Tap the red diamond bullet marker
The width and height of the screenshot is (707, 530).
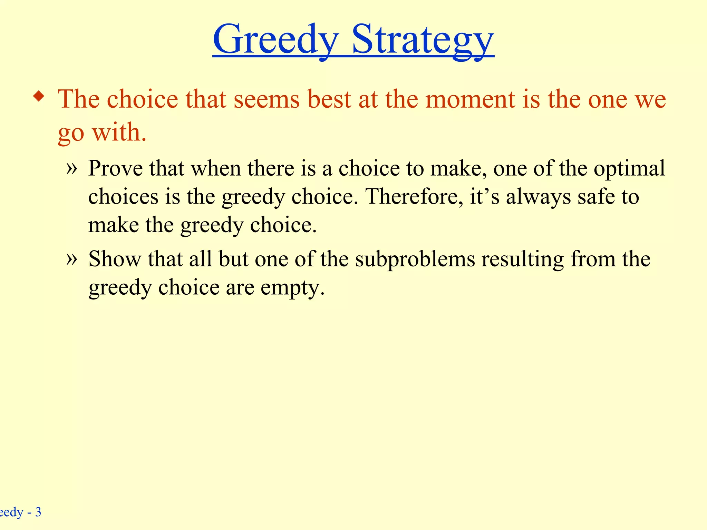(39, 96)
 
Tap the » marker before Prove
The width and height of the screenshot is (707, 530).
(71, 168)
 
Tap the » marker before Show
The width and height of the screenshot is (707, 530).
(71, 259)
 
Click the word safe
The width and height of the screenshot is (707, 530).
(597, 197)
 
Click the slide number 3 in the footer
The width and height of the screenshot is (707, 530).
(38, 512)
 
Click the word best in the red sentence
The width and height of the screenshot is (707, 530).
(329, 99)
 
